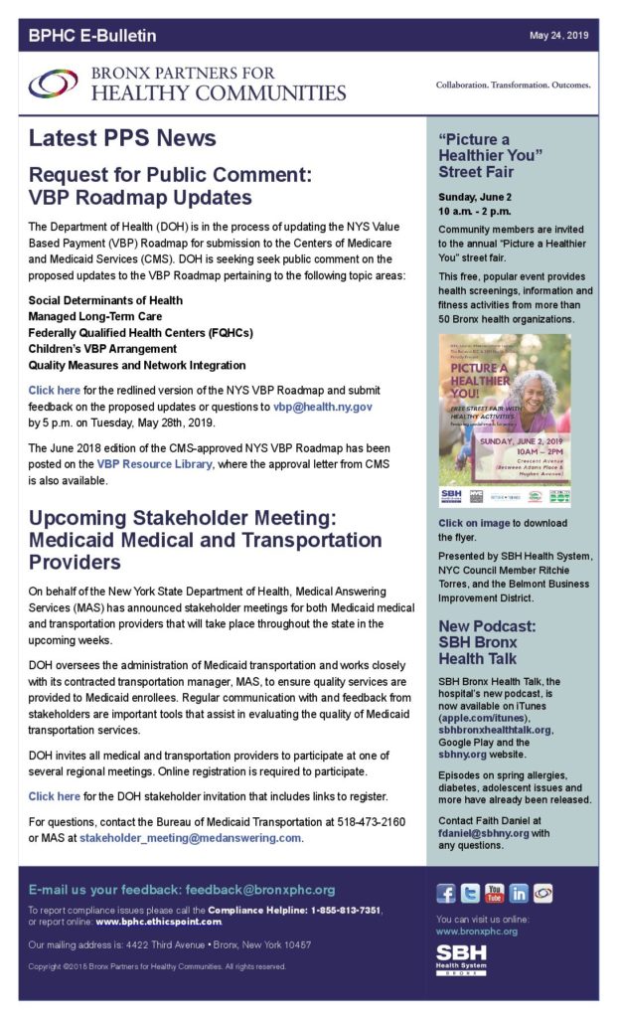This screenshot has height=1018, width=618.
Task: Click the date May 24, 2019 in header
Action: (558, 36)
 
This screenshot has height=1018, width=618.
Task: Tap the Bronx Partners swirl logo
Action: (54, 85)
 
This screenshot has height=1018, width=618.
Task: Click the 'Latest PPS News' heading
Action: (122, 138)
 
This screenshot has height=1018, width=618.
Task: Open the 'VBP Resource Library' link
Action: (153, 464)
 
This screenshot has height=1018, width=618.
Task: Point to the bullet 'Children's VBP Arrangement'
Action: (107, 349)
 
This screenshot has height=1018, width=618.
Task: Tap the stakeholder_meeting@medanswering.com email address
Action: (190, 838)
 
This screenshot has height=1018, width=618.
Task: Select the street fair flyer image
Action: (505, 422)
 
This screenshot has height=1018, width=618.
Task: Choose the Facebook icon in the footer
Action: (446, 894)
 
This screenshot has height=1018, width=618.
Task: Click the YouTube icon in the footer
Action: (494, 894)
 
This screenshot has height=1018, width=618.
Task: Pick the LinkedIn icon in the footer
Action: (519, 894)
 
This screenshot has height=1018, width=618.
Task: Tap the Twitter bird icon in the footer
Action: (470, 894)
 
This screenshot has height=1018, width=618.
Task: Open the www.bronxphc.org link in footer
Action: (477, 932)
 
